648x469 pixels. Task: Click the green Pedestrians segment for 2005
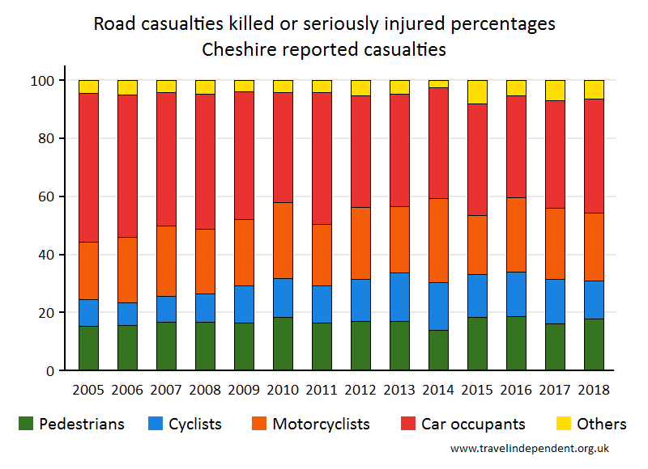[x=88, y=349]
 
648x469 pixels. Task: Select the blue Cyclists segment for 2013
[x=399, y=297]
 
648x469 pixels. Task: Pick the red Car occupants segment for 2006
[x=127, y=166]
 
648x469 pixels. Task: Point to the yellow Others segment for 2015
[x=477, y=91]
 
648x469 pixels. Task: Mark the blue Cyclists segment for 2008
[x=205, y=308]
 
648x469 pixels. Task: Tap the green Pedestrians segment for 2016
[x=516, y=344]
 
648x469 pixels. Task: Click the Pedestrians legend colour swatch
[x=27, y=424]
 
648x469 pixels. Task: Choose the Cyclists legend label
[x=195, y=424]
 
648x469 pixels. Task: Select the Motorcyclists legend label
[x=321, y=424]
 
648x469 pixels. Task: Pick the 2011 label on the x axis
[x=322, y=389]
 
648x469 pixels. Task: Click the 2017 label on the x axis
[x=555, y=389]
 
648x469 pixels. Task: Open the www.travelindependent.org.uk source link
[x=530, y=448]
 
